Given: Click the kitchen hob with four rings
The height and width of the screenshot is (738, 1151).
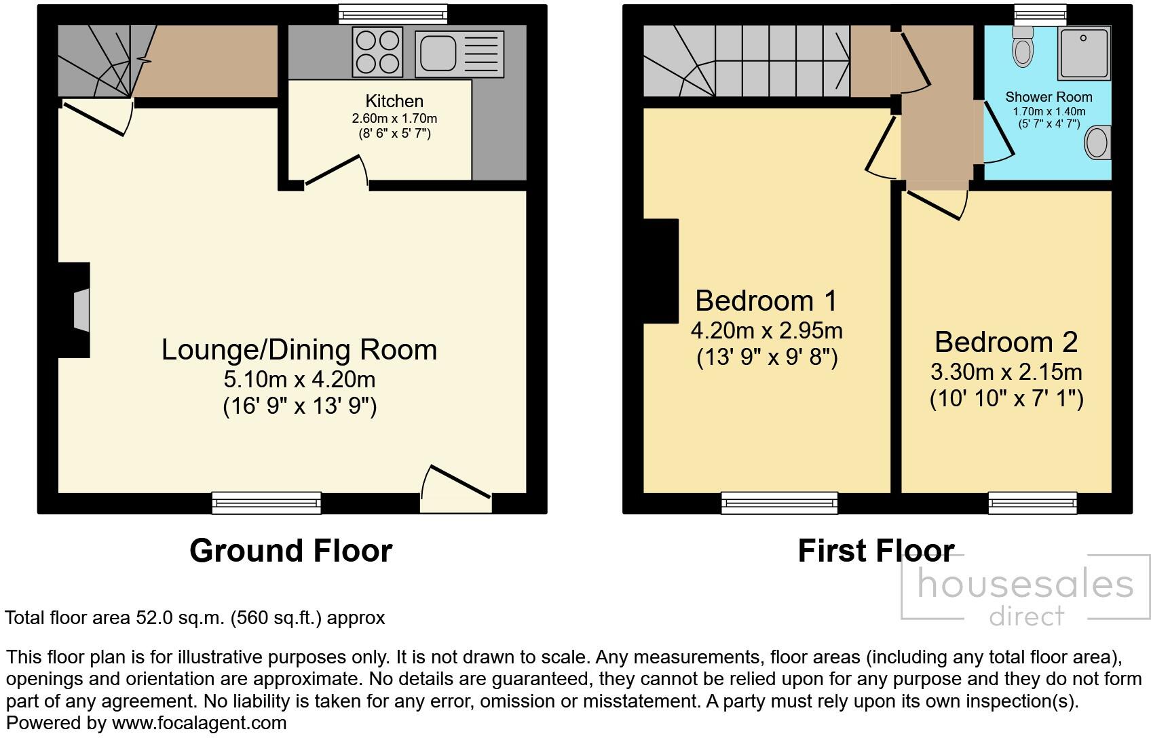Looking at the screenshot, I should (x=377, y=52).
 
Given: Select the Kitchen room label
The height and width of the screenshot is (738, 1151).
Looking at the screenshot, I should (x=394, y=101).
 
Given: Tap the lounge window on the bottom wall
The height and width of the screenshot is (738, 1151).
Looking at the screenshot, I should (x=266, y=503).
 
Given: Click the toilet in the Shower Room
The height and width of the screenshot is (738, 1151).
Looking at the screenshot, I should (x=1022, y=46).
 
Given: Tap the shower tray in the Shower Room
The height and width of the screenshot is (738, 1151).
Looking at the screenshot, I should (x=1083, y=53).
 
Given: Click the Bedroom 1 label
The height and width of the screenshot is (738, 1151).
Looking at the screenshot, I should (x=766, y=300).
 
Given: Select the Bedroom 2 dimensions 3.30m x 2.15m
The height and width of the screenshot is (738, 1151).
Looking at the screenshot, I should (x=1006, y=372).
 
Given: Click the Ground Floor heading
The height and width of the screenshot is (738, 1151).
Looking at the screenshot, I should (x=290, y=551).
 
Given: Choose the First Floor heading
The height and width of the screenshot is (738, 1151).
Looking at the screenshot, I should (x=876, y=551).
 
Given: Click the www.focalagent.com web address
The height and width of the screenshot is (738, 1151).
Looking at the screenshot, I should (x=199, y=723).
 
